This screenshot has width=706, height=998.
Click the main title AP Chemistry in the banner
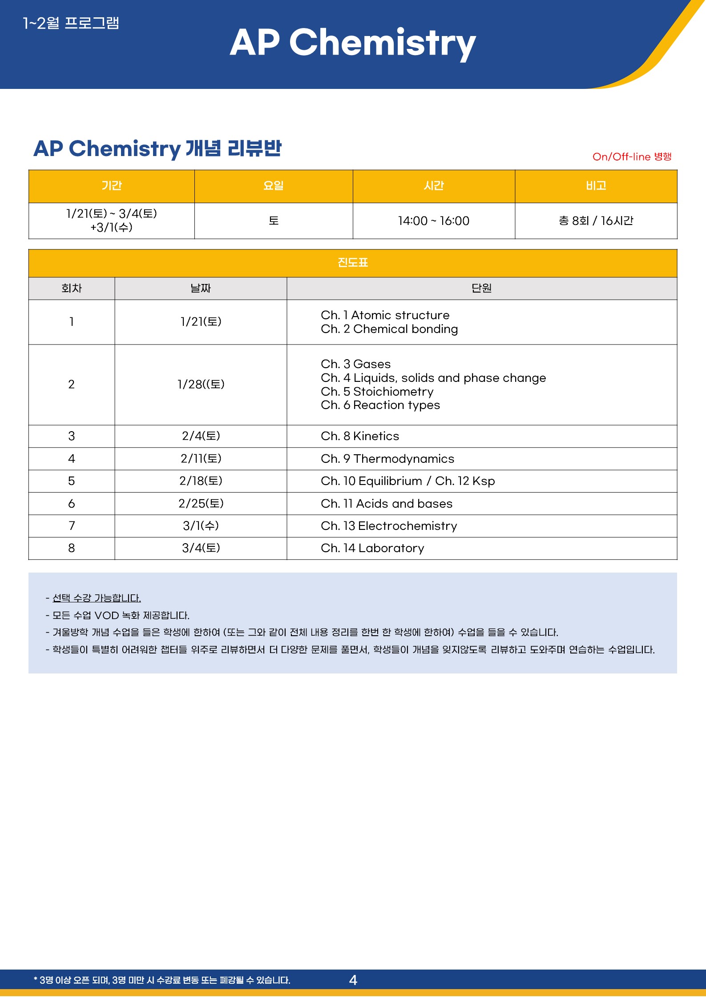pyautogui.click(x=352, y=43)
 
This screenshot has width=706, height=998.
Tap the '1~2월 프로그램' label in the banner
pyautogui.click(x=71, y=23)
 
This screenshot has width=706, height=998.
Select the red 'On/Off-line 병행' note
pyautogui.click(x=632, y=156)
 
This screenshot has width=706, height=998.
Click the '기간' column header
pyautogui.click(x=111, y=186)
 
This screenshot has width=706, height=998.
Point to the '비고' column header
pyautogui.click(x=596, y=186)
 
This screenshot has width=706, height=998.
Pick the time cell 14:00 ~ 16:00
pyautogui.click(x=433, y=221)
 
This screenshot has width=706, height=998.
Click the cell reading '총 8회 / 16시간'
pyautogui.click(x=596, y=221)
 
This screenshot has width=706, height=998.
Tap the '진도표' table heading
pyautogui.click(x=352, y=263)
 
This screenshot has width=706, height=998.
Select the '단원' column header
pyautogui.click(x=481, y=289)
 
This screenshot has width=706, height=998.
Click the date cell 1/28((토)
pyautogui.click(x=201, y=385)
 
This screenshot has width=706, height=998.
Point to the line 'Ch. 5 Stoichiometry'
pyautogui.click(x=377, y=392)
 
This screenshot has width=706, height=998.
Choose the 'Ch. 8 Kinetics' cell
pyautogui.click(x=360, y=436)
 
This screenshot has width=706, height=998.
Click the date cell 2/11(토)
pyautogui.click(x=201, y=458)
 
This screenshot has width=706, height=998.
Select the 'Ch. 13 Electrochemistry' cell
pyautogui.click(x=389, y=526)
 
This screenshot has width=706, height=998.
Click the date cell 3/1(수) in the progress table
pyautogui.click(x=201, y=526)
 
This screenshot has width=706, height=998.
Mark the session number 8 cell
pyautogui.click(x=72, y=548)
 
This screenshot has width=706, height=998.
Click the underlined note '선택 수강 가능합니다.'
pyautogui.click(x=97, y=598)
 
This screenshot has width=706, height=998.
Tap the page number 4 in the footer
pyautogui.click(x=353, y=980)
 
